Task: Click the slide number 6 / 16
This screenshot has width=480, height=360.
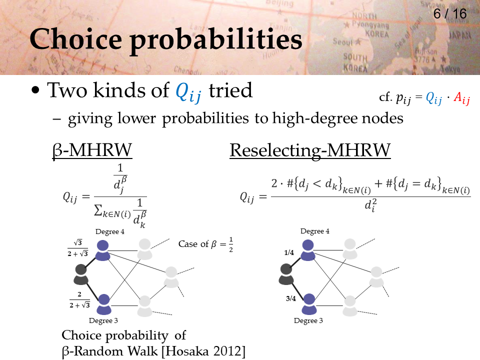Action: coord(450,14)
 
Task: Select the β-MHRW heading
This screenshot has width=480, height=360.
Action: coord(92,150)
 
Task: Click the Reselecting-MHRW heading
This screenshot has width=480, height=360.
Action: coord(310,150)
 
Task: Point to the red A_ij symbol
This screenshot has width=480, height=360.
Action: coord(461,98)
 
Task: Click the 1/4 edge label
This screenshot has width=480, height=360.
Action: coord(289,252)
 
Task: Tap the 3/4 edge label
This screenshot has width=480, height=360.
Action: coord(291,298)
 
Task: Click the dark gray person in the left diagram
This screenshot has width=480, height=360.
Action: coord(81,274)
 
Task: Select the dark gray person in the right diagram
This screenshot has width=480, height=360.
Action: coord(286,274)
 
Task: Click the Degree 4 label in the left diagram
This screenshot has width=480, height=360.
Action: coord(110,231)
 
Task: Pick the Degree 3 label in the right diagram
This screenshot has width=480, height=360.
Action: coord(308,320)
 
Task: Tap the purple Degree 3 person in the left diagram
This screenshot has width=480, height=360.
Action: coord(104,304)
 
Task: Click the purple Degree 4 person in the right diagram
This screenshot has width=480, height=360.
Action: coord(308,250)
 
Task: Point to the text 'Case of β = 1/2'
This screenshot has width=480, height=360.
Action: coord(205,244)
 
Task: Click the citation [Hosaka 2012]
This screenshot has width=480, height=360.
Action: coord(203,351)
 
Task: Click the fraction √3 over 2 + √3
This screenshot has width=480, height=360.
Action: coord(78,248)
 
